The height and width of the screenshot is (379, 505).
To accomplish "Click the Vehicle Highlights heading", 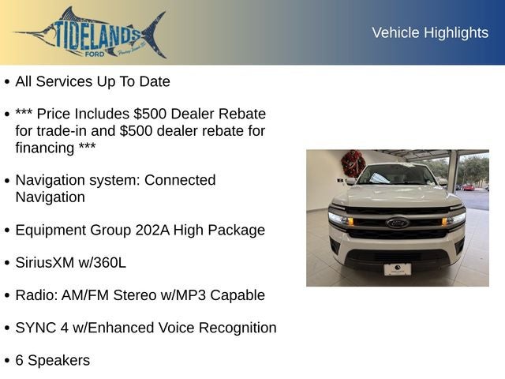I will [430, 32].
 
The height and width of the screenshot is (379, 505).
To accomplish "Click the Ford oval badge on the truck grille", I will [397, 223].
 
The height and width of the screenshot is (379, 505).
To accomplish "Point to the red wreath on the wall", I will [352, 163].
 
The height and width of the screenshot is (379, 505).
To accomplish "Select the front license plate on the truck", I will [397, 268].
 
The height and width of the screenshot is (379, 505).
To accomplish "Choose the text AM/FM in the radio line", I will [87, 295].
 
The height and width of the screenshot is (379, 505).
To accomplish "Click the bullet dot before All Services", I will [7, 82].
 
